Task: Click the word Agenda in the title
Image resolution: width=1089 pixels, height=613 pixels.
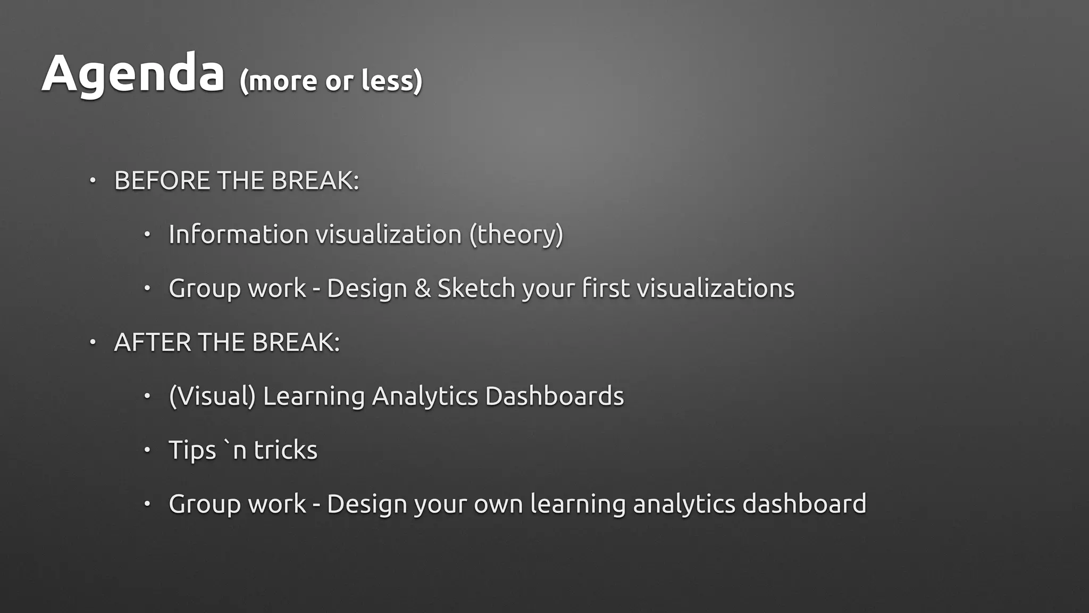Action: point(133,74)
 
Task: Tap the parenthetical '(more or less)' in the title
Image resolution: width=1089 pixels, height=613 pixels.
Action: point(331,81)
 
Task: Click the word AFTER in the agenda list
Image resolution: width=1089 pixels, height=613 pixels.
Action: point(153,342)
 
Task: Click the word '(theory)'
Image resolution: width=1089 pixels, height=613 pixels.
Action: point(516,235)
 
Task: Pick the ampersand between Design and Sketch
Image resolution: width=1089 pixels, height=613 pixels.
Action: point(423,288)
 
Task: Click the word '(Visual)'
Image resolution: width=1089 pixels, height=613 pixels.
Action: point(212,396)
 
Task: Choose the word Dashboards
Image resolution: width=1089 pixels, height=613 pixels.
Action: point(554,396)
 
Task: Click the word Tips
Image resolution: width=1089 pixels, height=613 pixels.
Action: point(192,450)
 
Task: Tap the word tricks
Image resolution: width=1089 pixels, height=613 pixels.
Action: point(286,450)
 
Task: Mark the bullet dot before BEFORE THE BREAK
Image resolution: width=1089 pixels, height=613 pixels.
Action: point(93,181)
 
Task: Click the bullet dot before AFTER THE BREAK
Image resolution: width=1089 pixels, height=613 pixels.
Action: point(93,343)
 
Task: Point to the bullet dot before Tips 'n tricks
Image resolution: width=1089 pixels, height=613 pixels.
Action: point(147,450)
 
